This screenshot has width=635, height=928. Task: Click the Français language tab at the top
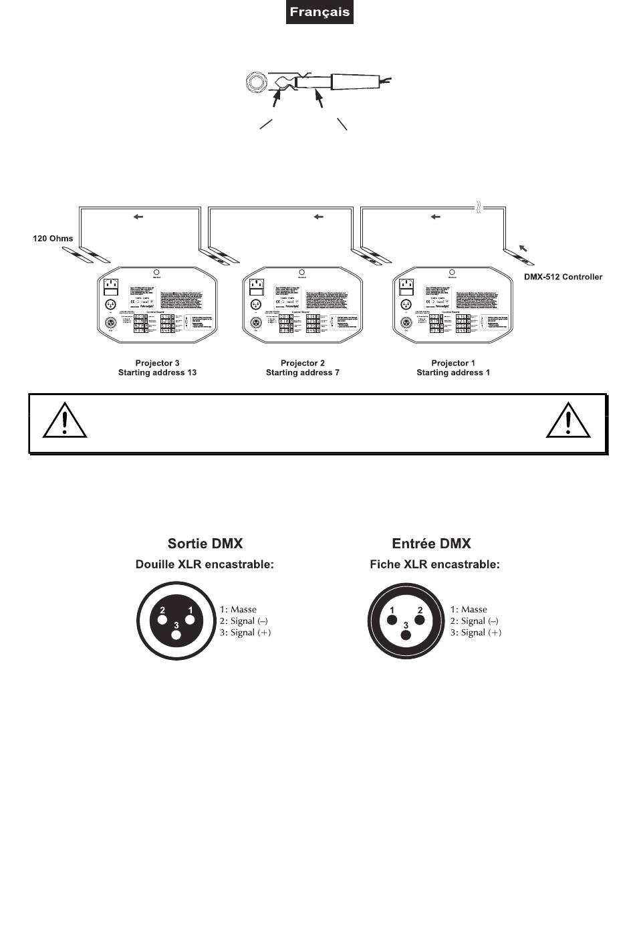[320, 13]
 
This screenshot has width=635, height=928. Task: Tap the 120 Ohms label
[53, 238]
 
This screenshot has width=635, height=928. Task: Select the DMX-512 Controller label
[563, 277]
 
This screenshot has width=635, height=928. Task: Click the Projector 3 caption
[157, 363]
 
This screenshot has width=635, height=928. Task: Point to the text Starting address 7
[303, 372]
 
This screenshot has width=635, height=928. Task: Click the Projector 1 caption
[453, 363]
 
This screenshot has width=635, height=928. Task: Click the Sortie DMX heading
[205, 544]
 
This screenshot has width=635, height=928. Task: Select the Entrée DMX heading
[431, 544]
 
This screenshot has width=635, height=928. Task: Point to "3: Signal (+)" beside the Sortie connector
[245, 632]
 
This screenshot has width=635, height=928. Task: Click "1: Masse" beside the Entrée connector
[469, 610]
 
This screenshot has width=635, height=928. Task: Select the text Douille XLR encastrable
[205, 564]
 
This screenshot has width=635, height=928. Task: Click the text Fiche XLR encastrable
[434, 564]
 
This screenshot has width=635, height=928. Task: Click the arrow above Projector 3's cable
[139, 217]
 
